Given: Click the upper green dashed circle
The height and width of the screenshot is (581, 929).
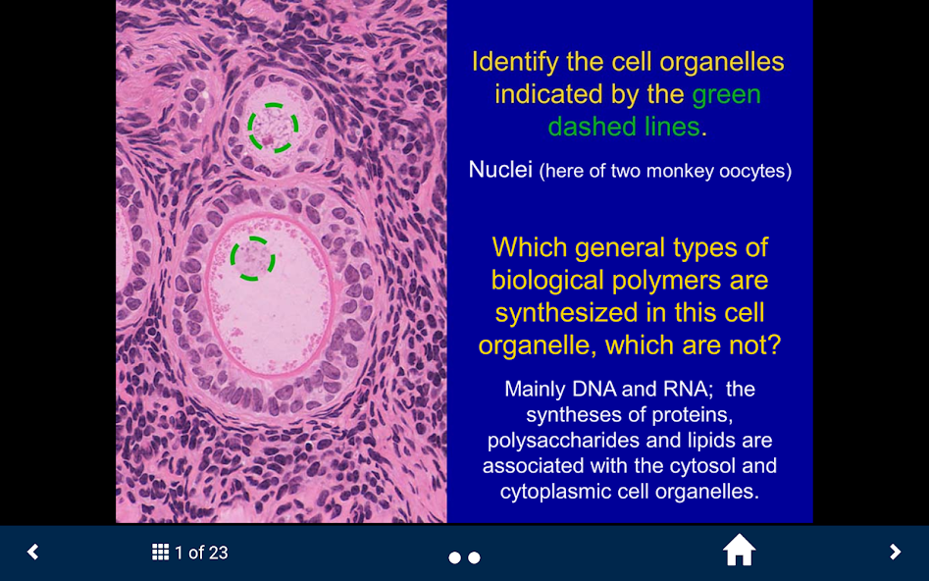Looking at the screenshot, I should click(x=273, y=128).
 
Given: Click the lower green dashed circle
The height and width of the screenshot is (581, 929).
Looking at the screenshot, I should click(x=252, y=258).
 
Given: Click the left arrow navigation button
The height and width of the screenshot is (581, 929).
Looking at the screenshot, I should click(x=33, y=552).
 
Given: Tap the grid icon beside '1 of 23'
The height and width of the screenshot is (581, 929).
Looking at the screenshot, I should click(x=161, y=553).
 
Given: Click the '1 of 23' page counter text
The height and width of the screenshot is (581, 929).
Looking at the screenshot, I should click(x=201, y=554).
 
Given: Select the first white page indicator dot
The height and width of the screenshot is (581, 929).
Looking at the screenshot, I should click(x=454, y=557).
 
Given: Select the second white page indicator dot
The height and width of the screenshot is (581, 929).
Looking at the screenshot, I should click(x=474, y=557).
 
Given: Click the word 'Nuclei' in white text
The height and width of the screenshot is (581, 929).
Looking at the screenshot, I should click(x=500, y=170).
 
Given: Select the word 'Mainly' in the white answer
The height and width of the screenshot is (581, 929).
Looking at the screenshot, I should click(x=535, y=389).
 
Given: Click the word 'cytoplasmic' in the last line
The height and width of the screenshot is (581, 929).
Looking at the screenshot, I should click(x=553, y=491).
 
